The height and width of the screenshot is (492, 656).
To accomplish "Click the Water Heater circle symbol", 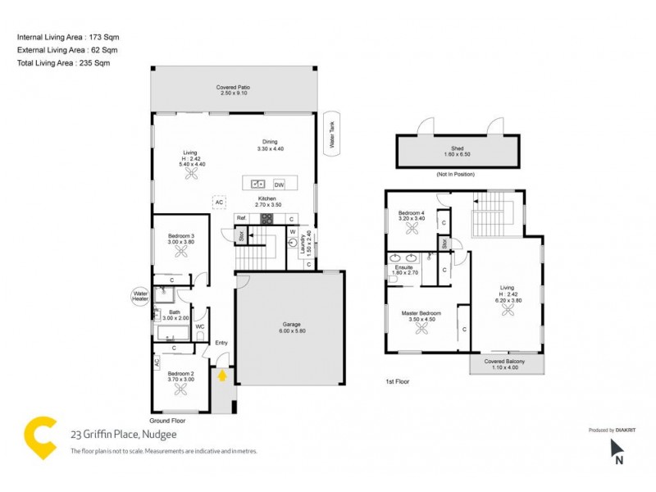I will click(140, 294).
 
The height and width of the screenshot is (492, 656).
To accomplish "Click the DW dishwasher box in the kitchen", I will click(279, 184).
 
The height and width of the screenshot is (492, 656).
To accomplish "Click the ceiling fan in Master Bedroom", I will click(422, 330).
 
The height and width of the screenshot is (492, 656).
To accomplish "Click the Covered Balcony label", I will click(505, 364).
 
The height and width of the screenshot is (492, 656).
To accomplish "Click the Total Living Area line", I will click(63, 62).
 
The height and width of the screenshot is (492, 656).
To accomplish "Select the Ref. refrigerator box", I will click(241, 219).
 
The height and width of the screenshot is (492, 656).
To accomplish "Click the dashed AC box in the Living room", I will click(219, 202).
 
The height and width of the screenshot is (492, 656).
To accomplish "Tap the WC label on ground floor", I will click(199, 326).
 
